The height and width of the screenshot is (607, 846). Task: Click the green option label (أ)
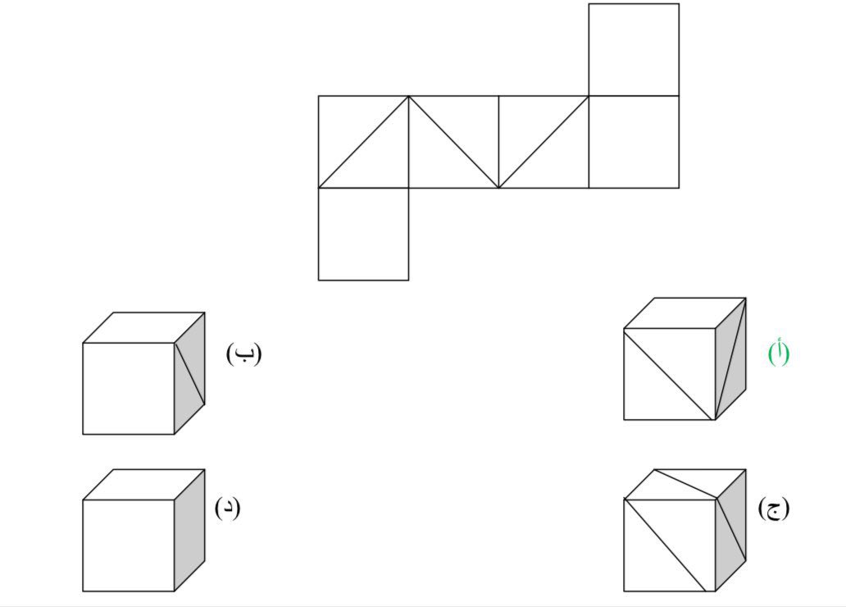point(779,353)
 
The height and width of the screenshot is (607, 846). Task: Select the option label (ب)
point(243,354)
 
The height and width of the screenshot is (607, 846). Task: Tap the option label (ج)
point(774,508)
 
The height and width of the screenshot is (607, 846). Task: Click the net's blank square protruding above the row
point(634,50)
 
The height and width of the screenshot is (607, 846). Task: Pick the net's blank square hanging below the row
point(363,235)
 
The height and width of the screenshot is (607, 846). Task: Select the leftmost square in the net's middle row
point(363,142)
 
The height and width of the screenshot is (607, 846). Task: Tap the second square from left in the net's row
point(453,142)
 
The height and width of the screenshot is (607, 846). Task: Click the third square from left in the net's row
point(544,142)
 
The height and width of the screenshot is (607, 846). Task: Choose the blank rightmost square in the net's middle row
point(634,142)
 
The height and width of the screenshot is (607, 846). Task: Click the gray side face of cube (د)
point(189,530)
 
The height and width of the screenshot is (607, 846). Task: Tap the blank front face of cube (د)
point(128,545)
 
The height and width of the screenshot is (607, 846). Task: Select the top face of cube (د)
point(143,484)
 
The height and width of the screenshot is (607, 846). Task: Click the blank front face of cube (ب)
point(128,388)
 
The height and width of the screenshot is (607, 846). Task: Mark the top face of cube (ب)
point(143,327)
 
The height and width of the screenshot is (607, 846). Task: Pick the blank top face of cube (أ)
point(685,313)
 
